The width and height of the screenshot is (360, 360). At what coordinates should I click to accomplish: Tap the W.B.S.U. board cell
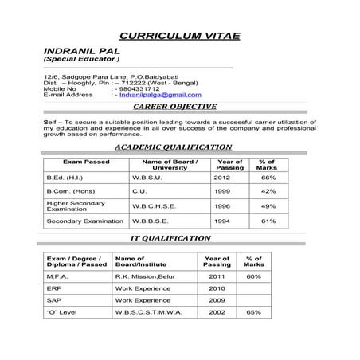pos(147,178)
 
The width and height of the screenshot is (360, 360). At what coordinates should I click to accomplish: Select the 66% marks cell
pos(268,178)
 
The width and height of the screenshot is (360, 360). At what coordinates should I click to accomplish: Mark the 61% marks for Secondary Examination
pos(268,221)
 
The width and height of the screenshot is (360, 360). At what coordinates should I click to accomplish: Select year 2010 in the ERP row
pos(217,288)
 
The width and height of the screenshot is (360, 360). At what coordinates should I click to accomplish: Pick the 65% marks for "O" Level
pos(253,312)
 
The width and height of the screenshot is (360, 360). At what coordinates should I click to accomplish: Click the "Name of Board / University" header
pos(169,164)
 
